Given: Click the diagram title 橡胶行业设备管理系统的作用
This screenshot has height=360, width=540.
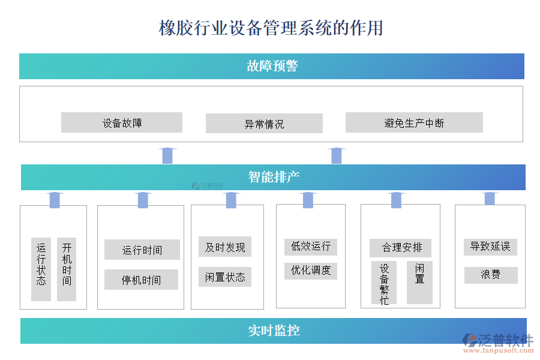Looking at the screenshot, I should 271,28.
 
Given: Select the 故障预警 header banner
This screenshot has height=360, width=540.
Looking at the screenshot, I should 272,66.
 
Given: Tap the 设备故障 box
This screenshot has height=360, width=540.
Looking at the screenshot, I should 122,123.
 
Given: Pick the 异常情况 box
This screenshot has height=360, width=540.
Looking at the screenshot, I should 264,124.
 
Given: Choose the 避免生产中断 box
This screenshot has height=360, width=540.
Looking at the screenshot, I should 414,123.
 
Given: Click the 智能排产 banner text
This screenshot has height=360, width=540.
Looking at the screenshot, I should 274,177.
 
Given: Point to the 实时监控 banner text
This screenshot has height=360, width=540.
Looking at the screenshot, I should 274,331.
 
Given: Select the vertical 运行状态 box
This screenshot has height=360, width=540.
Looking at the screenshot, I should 41,269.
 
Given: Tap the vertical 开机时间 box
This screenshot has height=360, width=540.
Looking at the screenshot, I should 67,269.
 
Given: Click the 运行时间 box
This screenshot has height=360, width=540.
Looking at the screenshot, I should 142,250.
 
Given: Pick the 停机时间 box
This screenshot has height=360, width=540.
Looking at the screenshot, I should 142,280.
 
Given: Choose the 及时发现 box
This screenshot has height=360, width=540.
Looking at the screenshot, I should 225,247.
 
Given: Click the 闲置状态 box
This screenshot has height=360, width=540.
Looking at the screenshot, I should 225,277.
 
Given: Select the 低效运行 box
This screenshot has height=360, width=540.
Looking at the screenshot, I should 311,246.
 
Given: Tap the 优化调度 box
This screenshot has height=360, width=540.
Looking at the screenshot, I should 311,270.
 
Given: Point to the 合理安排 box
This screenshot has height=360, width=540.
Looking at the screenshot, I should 400,247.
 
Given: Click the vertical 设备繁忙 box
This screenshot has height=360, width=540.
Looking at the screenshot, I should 384,283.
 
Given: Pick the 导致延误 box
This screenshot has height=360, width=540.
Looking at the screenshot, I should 490,246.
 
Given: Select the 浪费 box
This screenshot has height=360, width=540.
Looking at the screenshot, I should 490,275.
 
